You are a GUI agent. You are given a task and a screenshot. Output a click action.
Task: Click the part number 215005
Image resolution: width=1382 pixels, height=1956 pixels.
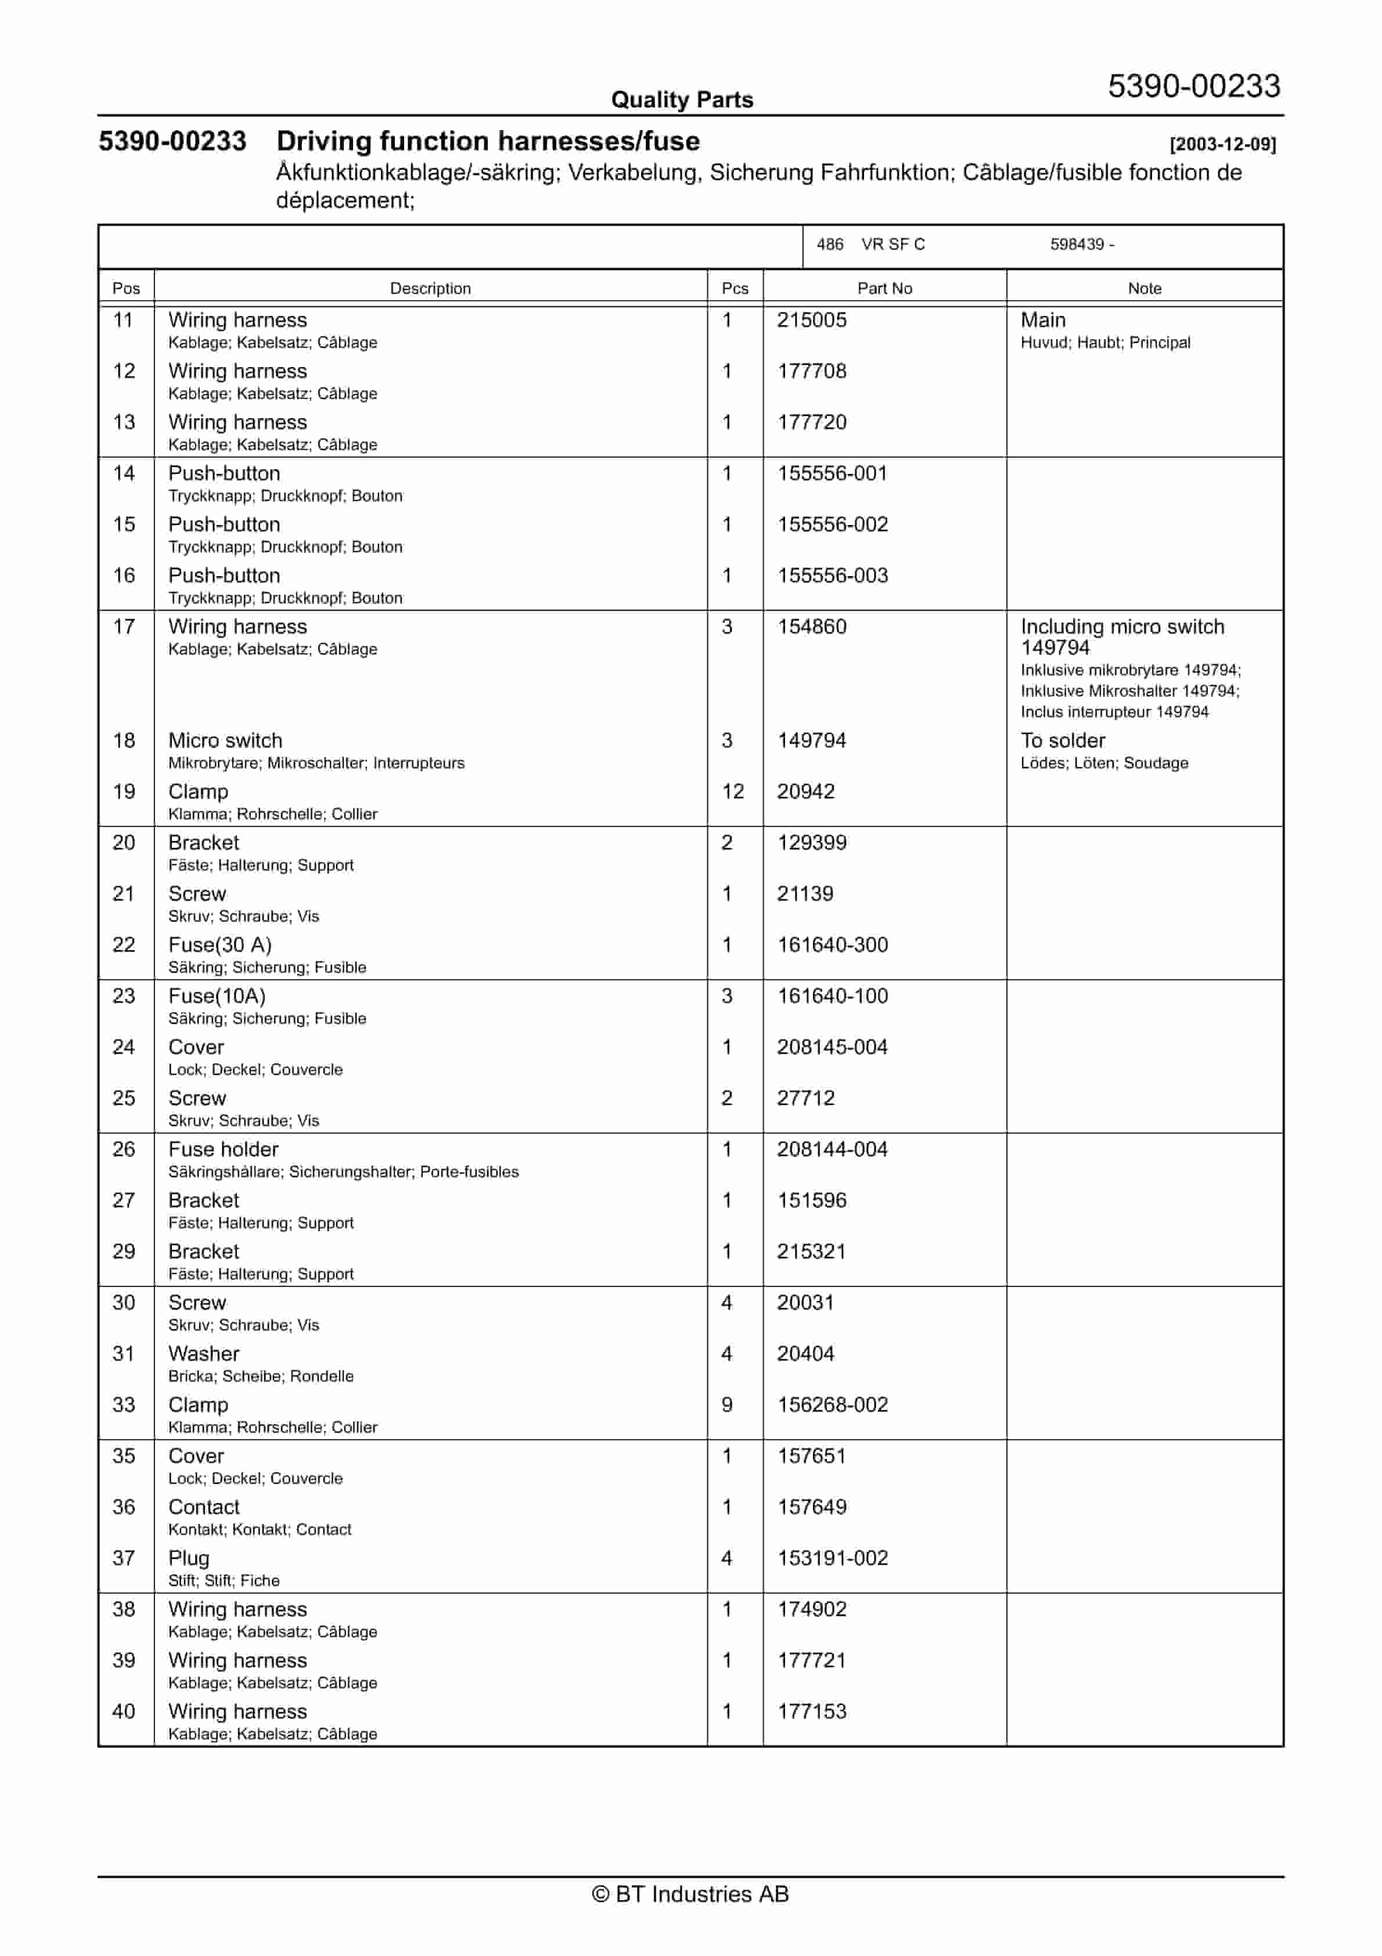[x=811, y=321]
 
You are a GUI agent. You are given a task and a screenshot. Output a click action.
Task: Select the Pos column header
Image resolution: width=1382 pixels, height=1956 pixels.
[x=126, y=289]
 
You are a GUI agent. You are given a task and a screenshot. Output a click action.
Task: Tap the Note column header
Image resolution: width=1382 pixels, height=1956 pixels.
[x=1145, y=289]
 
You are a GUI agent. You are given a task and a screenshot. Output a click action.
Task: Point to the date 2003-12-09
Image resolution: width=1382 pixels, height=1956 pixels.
[x=1223, y=145]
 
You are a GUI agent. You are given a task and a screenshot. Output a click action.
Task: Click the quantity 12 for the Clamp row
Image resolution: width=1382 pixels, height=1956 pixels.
[x=733, y=792]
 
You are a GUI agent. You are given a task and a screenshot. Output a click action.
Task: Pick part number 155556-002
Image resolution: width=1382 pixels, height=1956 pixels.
[x=833, y=525]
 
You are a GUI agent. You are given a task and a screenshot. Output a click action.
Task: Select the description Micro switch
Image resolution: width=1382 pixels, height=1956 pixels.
[x=225, y=740]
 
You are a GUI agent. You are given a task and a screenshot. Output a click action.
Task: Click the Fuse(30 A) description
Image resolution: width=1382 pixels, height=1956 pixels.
[x=220, y=945]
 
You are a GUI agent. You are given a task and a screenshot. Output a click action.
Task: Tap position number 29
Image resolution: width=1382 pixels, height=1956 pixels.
[x=124, y=1252]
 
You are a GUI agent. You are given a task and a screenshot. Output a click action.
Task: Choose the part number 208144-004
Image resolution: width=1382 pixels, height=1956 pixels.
[x=832, y=1149]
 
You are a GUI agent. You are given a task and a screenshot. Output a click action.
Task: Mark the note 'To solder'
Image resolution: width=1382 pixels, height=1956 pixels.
[x=1063, y=740]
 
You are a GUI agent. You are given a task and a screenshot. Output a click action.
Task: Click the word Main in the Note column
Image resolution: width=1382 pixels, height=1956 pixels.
[x=1043, y=321]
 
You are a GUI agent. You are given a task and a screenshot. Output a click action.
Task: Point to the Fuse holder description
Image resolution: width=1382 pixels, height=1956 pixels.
[x=223, y=1149]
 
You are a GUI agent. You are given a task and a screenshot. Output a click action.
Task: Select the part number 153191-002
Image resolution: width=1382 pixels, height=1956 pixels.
[x=833, y=1558]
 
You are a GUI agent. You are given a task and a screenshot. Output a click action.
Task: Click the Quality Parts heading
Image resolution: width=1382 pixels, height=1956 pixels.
[x=682, y=100]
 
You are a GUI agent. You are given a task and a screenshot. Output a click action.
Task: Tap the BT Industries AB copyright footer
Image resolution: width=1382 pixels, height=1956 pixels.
[x=690, y=1894]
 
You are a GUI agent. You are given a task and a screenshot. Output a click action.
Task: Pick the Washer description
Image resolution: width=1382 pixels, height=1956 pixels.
[x=204, y=1354]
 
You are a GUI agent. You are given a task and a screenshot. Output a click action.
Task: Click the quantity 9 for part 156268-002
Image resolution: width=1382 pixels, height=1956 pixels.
[x=727, y=1405]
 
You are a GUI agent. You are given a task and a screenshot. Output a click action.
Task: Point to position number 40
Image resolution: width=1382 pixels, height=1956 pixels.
[x=124, y=1712]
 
